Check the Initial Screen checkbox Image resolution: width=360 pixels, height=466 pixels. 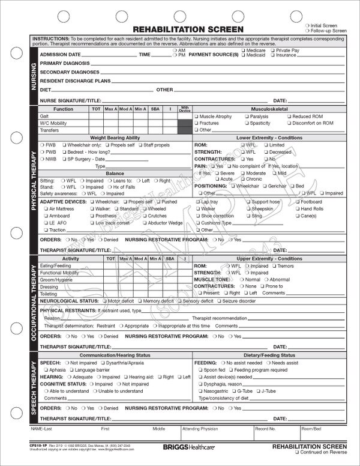pyautogui.click(x=308, y=25)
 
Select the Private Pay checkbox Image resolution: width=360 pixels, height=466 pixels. pyautogui.click(x=273, y=51)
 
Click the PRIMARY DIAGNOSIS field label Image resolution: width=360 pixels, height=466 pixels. pyautogui.click(x=64, y=62)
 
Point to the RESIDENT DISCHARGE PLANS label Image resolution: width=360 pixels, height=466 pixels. pyautogui.click(x=75, y=80)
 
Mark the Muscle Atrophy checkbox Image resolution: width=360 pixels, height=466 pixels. pyautogui.click(x=196, y=116)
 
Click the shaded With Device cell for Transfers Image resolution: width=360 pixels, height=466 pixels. pyautogui.click(x=185, y=130)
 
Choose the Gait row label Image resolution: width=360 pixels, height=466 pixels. pyautogui.click(x=44, y=116)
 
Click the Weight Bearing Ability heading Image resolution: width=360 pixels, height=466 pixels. pyautogui.click(x=115, y=138)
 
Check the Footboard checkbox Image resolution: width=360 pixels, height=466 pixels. pyautogui.click(x=296, y=202)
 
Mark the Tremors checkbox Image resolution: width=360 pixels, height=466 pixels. pyautogui.click(x=274, y=265)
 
